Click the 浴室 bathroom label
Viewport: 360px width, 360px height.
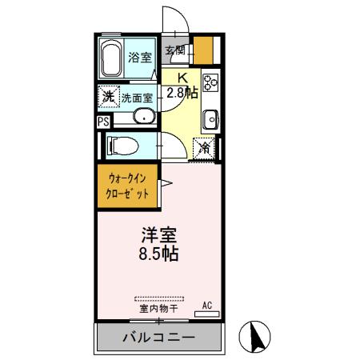[141, 57]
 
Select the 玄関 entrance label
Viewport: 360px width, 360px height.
[175, 50]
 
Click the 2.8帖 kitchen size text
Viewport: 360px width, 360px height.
[182, 92]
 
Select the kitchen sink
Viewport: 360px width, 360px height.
[210, 119]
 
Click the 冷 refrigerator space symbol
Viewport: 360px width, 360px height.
[206, 147]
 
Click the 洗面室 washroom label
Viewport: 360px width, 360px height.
[137, 98]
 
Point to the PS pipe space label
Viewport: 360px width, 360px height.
[103, 122]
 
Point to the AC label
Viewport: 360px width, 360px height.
[206, 305]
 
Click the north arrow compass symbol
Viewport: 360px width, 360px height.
[256, 336]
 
